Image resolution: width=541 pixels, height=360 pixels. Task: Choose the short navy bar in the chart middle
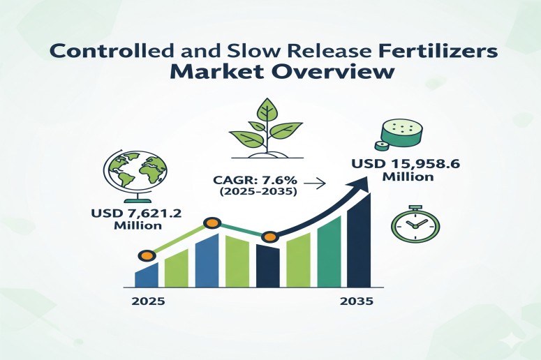point(268,266)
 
